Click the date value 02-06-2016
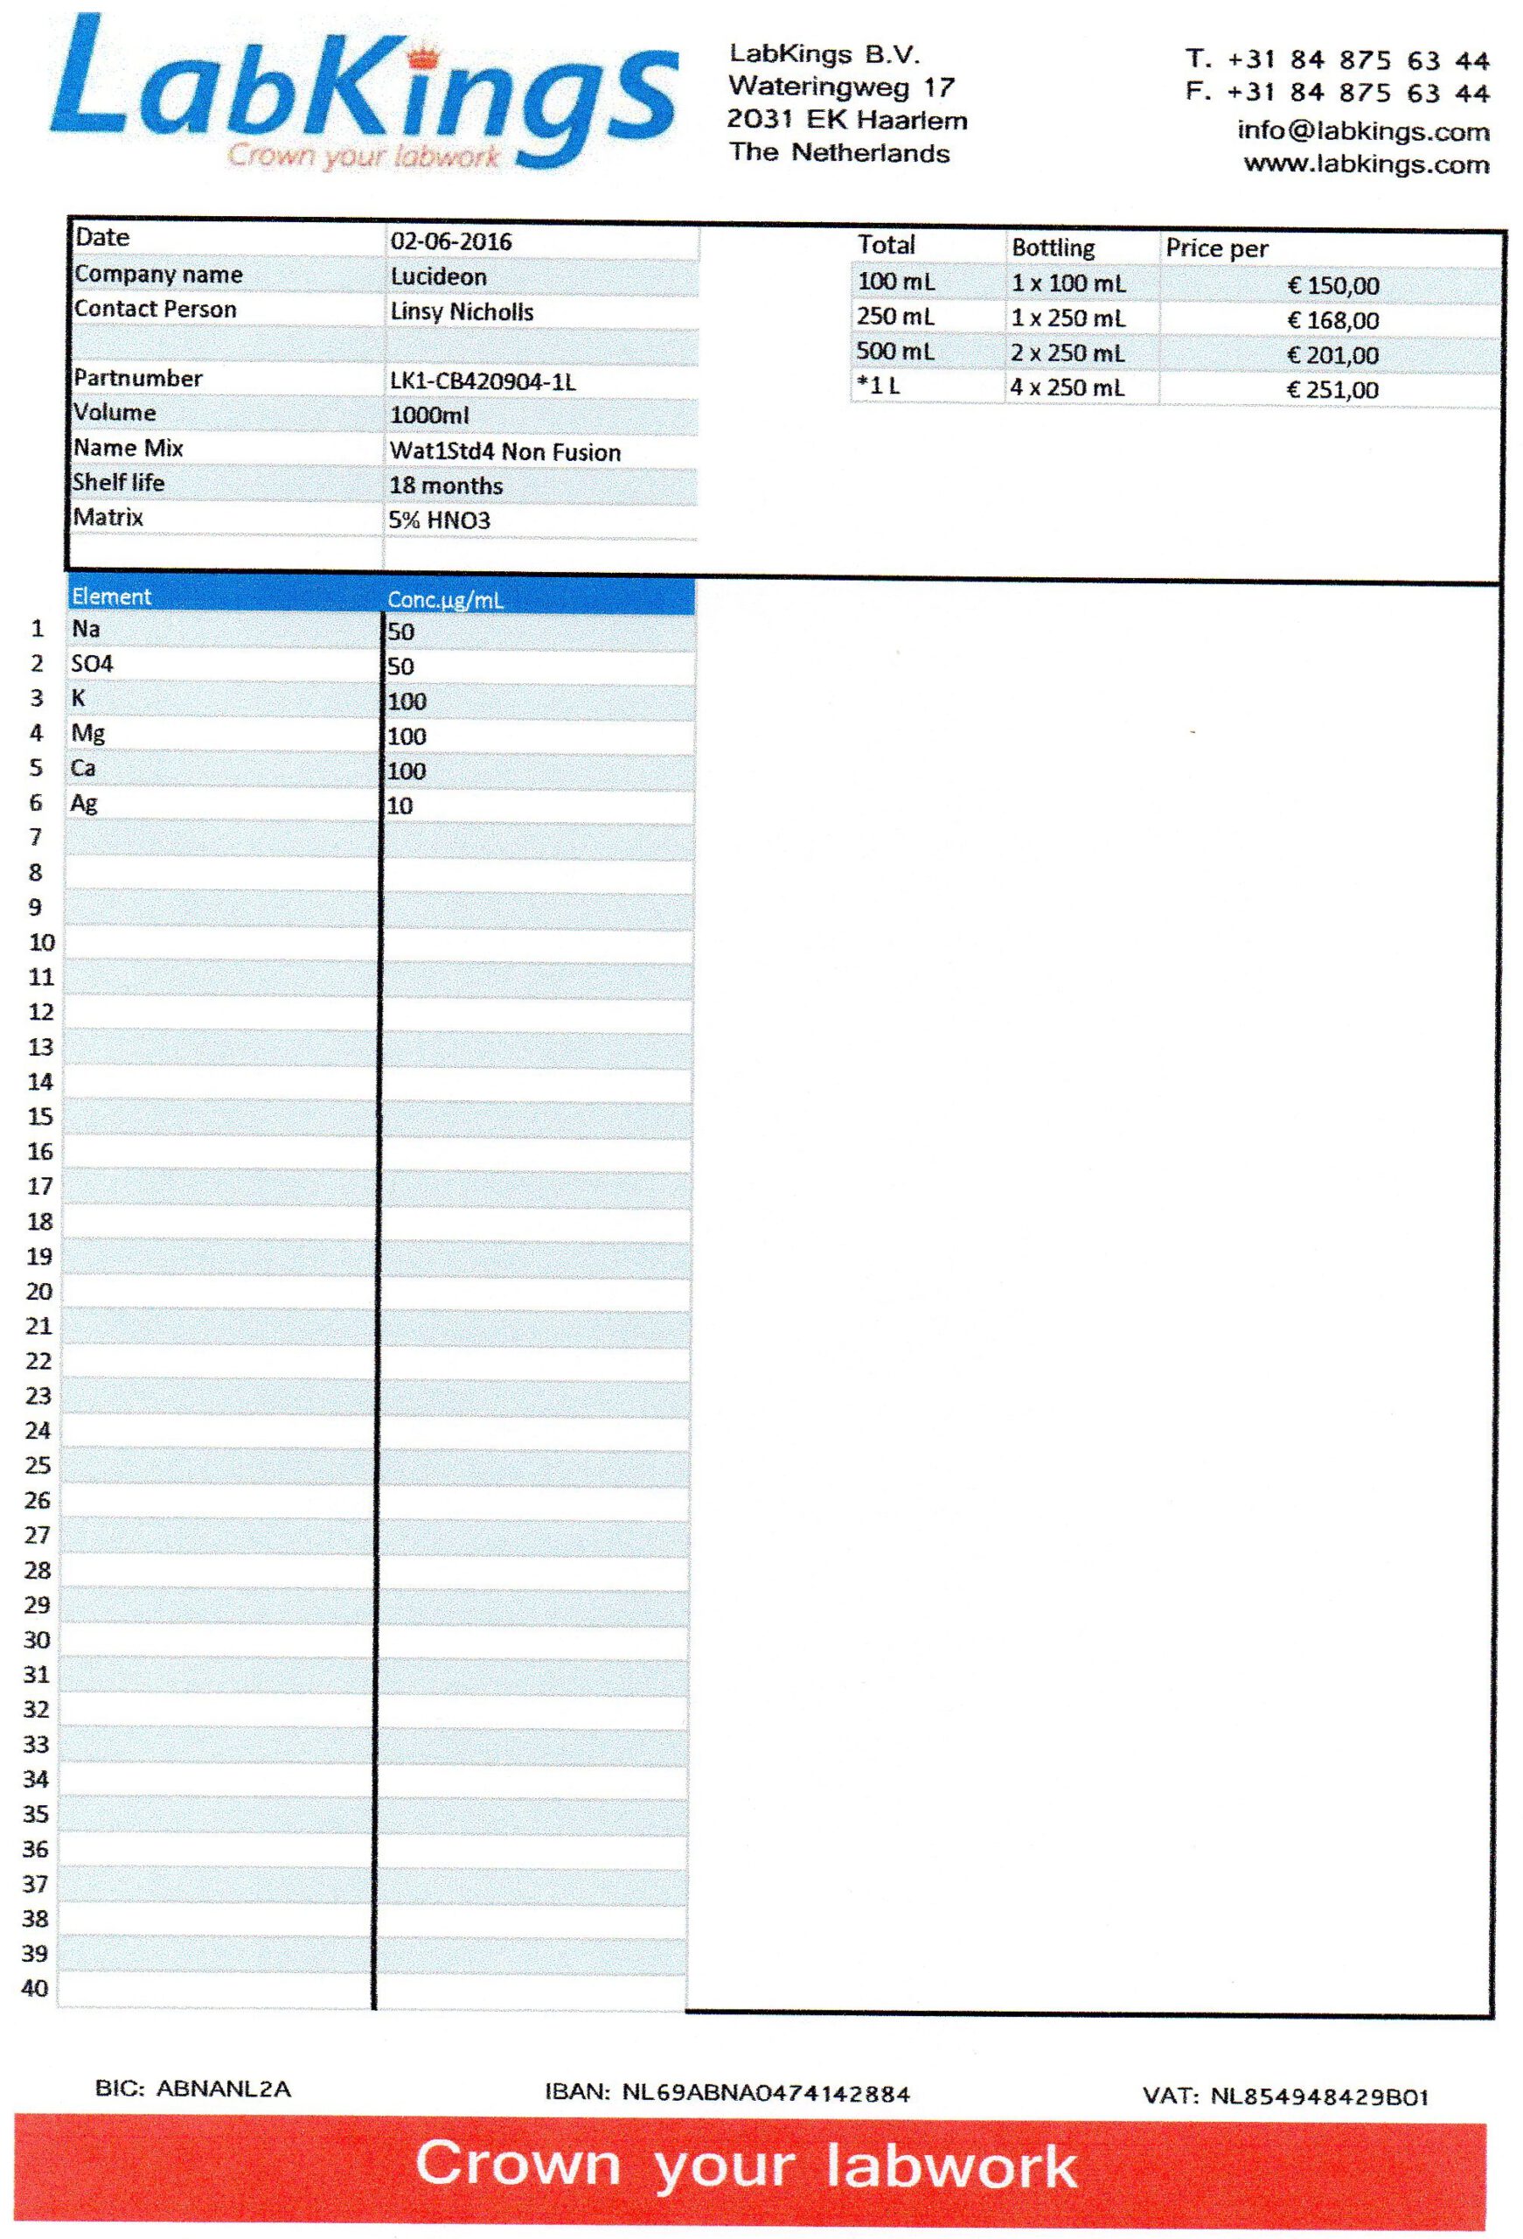(x=451, y=241)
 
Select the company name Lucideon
(x=438, y=276)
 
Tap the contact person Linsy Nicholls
(x=462, y=311)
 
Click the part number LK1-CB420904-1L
(x=483, y=381)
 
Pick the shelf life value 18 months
(x=446, y=485)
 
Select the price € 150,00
(x=1333, y=285)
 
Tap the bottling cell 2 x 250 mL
(x=1067, y=352)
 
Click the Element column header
(x=112, y=596)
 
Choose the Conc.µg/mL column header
(x=445, y=599)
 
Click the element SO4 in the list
(x=93, y=663)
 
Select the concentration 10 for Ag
(x=400, y=806)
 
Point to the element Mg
(x=87, y=732)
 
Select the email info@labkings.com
(x=1363, y=131)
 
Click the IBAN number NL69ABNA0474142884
(x=766, y=2093)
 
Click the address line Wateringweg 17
(x=841, y=87)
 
